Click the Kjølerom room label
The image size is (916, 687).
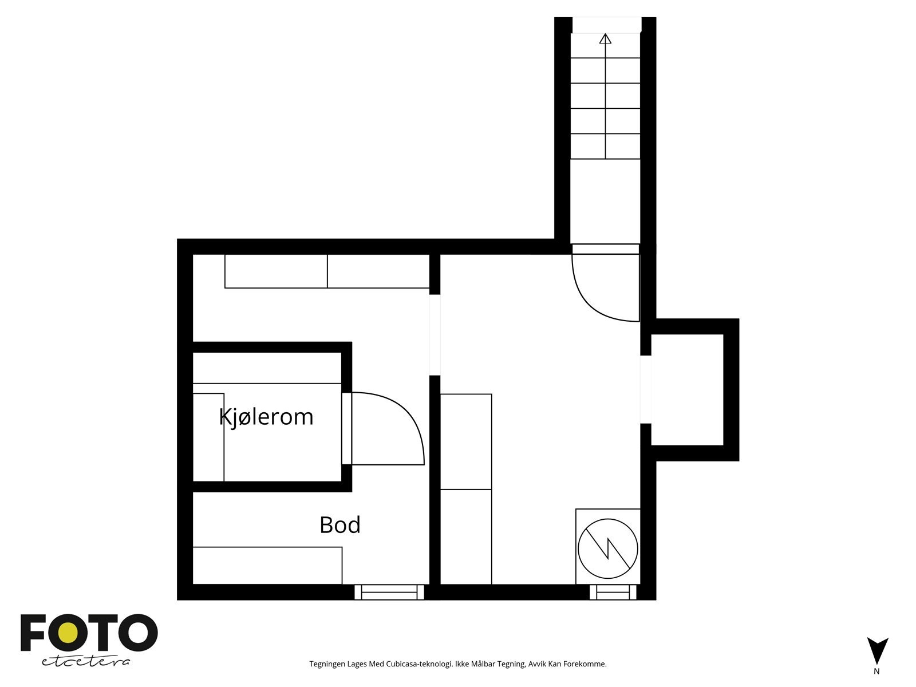(x=266, y=417)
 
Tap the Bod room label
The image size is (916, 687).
(x=340, y=525)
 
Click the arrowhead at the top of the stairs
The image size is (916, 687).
(x=605, y=39)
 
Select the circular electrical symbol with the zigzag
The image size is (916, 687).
(x=607, y=548)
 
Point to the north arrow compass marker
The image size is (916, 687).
(x=877, y=651)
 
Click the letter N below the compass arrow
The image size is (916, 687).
(x=876, y=672)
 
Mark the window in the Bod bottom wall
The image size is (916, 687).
(x=389, y=592)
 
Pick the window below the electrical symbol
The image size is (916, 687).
(x=613, y=592)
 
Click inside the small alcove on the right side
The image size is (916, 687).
(x=687, y=389)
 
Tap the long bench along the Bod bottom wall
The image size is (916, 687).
(x=267, y=565)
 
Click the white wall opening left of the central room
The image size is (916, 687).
(x=435, y=335)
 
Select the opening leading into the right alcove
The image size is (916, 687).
(x=646, y=389)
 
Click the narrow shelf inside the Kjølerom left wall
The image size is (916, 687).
(x=208, y=437)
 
